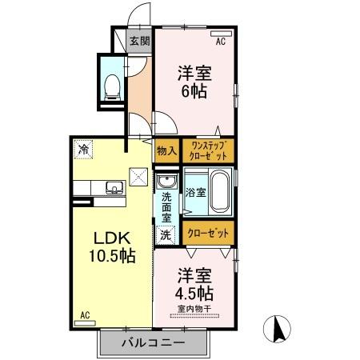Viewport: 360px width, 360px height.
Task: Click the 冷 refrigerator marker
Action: tap(83, 148)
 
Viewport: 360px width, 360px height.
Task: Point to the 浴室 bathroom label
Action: tap(195, 192)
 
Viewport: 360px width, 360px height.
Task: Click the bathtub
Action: tap(219, 193)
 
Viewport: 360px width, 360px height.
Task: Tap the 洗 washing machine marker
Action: tap(166, 234)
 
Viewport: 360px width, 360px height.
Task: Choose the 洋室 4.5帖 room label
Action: tap(195, 282)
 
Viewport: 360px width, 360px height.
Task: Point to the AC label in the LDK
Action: tap(84, 317)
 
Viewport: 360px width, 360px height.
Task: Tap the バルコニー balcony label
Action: tap(154, 342)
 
